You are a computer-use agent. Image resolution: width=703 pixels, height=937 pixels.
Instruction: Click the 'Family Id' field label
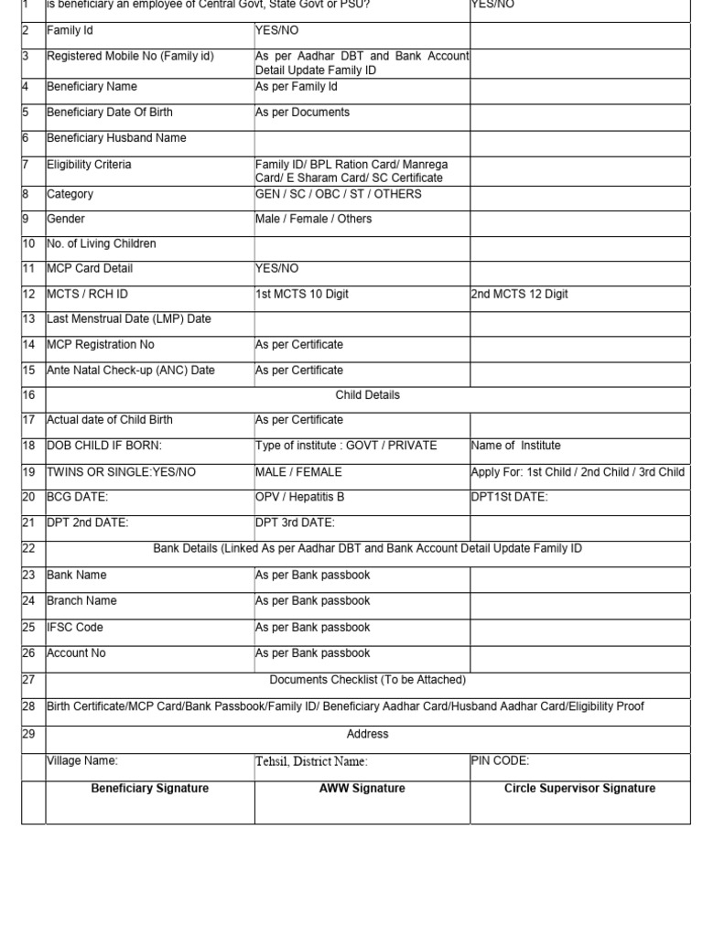70,30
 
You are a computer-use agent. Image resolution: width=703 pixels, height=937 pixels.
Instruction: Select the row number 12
28,294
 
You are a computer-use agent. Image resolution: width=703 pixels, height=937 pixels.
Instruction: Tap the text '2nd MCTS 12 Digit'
519,294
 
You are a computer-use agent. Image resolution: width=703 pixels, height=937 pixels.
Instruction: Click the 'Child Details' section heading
367,395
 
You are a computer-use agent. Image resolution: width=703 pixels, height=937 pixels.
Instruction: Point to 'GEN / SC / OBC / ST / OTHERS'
338,194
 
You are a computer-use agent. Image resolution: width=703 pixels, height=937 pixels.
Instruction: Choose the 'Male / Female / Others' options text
313,219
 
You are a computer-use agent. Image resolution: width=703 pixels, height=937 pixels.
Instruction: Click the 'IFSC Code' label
75,628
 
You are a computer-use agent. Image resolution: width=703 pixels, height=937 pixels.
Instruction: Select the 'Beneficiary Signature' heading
149,788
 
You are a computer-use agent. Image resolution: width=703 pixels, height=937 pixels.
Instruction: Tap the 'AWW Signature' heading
362,788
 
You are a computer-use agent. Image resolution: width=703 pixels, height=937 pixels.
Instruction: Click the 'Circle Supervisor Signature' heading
579,788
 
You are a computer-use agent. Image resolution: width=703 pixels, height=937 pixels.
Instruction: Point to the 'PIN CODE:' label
500,760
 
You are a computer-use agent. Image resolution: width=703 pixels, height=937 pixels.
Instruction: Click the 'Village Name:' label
82,760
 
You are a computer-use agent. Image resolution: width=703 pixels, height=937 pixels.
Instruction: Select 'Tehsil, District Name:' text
311,761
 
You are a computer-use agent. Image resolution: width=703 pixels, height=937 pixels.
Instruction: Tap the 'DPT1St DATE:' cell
509,497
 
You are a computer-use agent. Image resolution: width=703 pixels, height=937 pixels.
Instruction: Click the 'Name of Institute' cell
515,446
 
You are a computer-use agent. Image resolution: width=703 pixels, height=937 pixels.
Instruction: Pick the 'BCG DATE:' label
77,497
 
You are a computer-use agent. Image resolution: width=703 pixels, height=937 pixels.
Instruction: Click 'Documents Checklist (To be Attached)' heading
367,680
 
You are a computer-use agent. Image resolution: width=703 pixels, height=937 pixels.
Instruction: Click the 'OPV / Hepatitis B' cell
299,497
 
